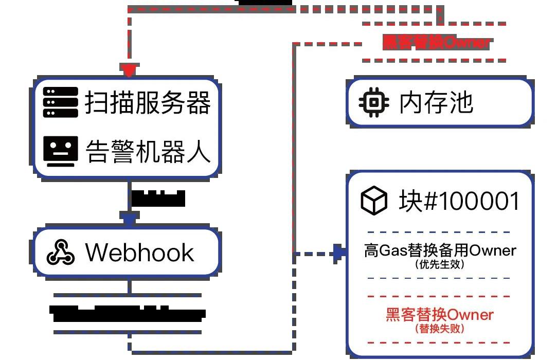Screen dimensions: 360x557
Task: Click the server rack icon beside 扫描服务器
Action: tap(61, 102)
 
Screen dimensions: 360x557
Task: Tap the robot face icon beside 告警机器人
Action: tap(61, 151)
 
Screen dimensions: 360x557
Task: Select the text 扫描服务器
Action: tap(148, 102)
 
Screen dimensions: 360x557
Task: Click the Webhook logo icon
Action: tap(61, 252)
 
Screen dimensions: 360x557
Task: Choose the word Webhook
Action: tap(139, 252)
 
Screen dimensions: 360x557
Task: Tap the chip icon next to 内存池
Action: tap(374, 102)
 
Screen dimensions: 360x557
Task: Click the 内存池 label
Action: tap(436, 102)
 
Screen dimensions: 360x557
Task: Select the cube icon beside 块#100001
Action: tap(374, 201)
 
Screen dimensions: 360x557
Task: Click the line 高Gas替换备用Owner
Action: tap(440, 251)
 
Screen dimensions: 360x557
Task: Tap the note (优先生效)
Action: tap(440, 265)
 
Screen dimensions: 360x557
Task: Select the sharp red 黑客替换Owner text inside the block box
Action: tap(440, 314)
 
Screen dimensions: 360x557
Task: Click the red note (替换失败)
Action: tap(440, 328)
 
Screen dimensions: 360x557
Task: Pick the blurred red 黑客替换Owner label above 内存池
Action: tap(436, 42)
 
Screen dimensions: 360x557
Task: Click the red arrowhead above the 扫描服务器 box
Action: tap(129, 70)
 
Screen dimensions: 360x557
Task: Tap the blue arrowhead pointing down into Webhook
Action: tap(129, 219)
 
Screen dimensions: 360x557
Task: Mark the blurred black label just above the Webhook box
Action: tap(158, 199)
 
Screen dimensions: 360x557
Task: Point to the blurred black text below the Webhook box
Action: tap(128, 313)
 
